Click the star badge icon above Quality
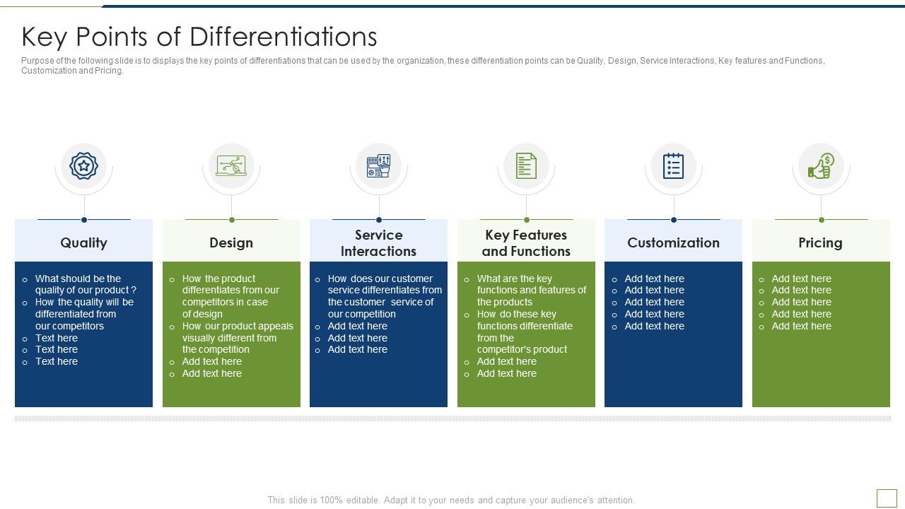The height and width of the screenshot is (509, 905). (x=83, y=165)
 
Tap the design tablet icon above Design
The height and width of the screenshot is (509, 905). (x=231, y=165)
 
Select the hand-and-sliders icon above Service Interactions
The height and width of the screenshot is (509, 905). (x=378, y=165)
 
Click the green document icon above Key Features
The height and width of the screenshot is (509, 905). (x=526, y=165)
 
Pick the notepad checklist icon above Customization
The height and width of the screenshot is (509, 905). (x=674, y=165)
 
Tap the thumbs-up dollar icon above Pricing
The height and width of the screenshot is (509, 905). (x=821, y=165)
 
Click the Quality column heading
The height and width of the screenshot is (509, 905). (x=83, y=242)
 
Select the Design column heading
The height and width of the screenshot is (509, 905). (x=231, y=242)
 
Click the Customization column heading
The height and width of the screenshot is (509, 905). (x=674, y=242)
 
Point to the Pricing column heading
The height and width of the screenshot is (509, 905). (x=821, y=242)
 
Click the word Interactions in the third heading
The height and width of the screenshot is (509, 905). (x=378, y=251)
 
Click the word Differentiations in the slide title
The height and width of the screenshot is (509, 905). (x=284, y=37)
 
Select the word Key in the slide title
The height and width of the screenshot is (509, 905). (x=44, y=37)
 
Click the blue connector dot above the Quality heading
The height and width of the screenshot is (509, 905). (x=84, y=220)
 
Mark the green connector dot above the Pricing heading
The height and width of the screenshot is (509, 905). (x=822, y=220)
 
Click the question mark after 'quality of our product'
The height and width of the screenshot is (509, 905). (x=134, y=290)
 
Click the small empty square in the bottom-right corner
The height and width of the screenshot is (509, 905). (x=887, y=498)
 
